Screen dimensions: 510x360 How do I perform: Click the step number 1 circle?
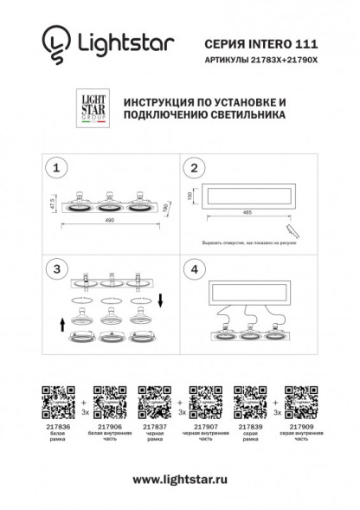[56, 167]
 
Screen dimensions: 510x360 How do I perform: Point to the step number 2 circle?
[196, 167]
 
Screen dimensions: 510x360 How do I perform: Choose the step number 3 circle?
[56, 269]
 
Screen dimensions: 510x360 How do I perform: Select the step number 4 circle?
[196, 269]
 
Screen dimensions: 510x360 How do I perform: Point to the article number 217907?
[204, 427]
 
